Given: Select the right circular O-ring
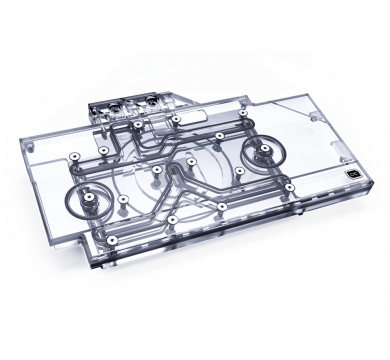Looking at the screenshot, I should tap(264, 150).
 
